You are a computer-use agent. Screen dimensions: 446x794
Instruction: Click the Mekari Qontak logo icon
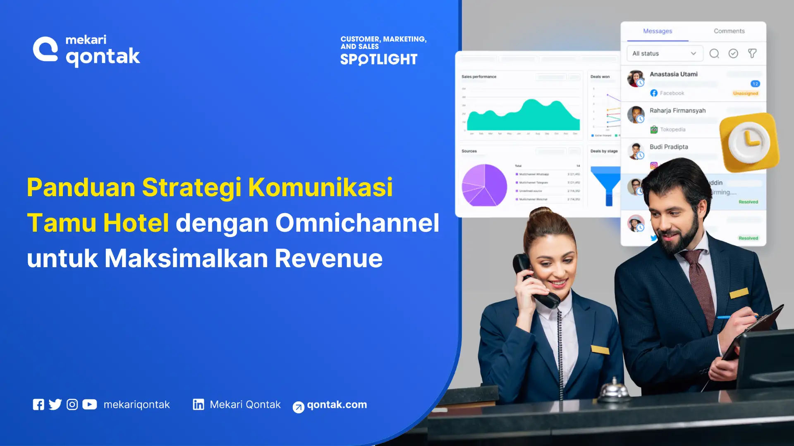(x=45, y=50)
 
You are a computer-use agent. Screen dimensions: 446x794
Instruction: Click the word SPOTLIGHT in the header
(x=378, y=59)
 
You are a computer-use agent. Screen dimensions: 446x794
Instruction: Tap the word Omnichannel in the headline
(x=357, y=223)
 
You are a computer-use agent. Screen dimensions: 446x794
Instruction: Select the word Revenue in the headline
(x=328, y=259)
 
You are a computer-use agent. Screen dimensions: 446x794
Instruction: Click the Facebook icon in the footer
(x=38, y=405)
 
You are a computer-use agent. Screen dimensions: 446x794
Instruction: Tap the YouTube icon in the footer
(x=89, y=405)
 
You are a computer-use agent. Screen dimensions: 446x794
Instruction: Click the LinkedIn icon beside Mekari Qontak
(x=198, y=405)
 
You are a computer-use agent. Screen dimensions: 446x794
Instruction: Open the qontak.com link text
(x=337, y=405)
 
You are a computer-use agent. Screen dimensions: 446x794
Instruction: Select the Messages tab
(x=657, y=31)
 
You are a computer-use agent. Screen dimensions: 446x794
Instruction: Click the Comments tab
(x=729, y=31)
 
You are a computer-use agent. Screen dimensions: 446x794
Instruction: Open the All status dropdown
(x=664, y=54)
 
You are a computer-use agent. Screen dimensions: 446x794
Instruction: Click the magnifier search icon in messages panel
(x=714, y=54)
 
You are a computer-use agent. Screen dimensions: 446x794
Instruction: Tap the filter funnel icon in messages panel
(x=752, y=54)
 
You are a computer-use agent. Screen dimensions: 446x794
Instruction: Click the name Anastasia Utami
(x=673, y=74)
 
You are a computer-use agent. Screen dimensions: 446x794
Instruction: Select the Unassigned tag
(x=745, y=93)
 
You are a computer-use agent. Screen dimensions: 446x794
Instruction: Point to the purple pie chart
(x=484, y=185)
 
